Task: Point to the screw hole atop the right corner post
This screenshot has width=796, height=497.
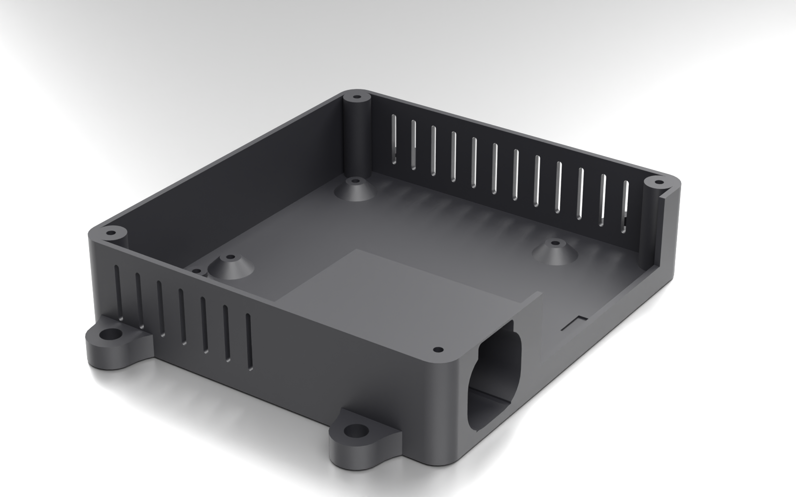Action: click(x=657, y=182)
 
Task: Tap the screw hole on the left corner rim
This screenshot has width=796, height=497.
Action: click(x=110, y=233)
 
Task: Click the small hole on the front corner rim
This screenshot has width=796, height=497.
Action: click(x=438, y=349)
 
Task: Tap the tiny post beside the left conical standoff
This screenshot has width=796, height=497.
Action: click(x=198, y=272)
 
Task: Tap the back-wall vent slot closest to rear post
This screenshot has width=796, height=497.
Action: click(x=394, y=139)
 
